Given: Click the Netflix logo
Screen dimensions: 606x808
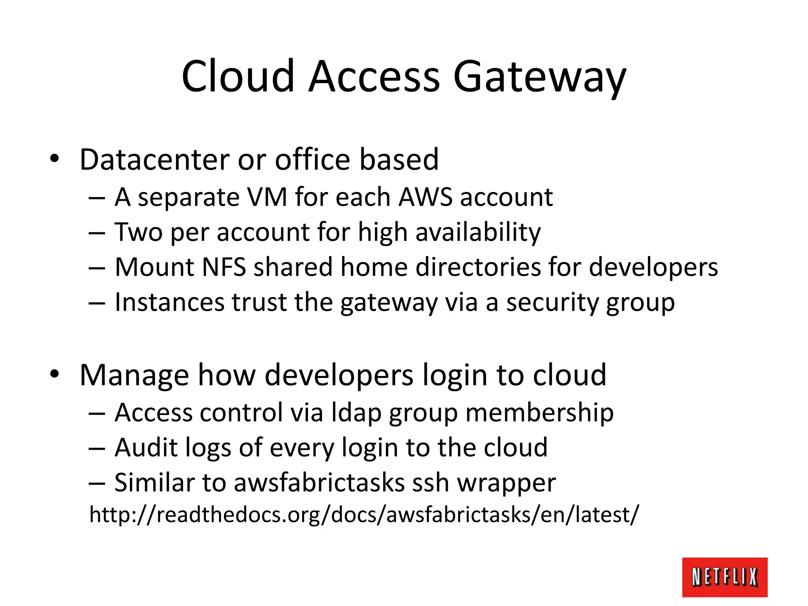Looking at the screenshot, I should tap(724, 577).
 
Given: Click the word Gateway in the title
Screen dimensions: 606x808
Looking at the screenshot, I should tap(539, 77).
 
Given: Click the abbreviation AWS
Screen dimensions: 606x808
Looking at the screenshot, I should tap(425, 197).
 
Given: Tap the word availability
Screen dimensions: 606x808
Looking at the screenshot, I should tap(478, 232).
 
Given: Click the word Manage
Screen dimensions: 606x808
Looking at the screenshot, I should tap(134, 375).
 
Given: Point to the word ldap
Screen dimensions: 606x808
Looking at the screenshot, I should tap(356, 413).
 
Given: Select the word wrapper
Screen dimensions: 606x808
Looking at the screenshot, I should tap(506, 483).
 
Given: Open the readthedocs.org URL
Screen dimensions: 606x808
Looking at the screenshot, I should tap(363, 514).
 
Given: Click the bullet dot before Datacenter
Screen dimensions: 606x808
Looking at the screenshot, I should tap(54, 159).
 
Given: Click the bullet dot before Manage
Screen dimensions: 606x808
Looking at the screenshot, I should tap(54, 374).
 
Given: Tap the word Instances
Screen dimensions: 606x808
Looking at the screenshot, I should tap(169, 302).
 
